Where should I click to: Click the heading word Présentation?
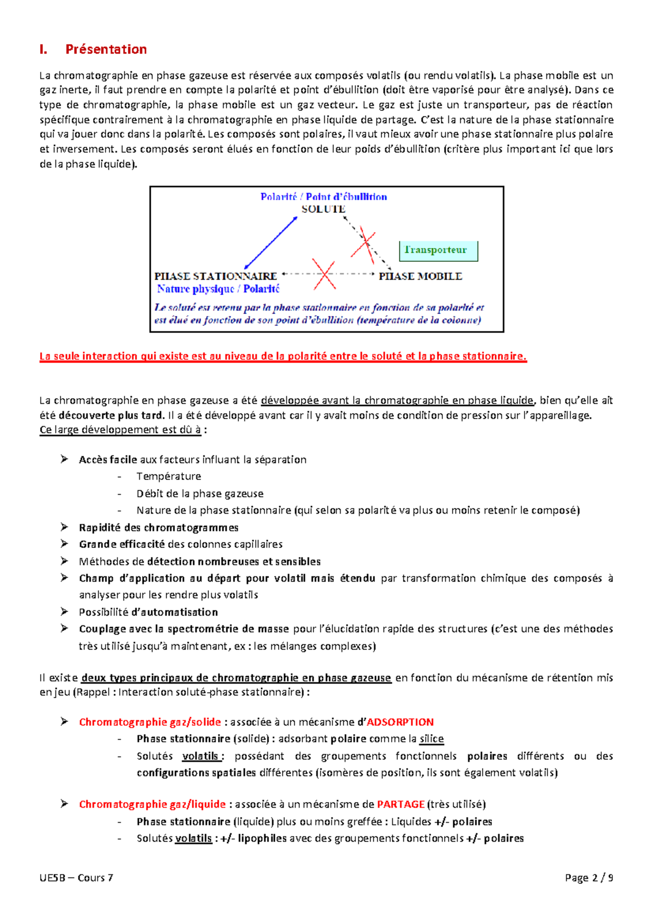[x=106, y=50]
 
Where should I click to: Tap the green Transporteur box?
[x=438, y=250]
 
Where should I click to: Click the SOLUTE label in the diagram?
[x=324, y=209]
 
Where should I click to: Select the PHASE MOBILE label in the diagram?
[x=420, y=276]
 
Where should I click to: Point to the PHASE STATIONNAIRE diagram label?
[x=215, y=276]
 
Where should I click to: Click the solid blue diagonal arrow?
[x=270, y=243]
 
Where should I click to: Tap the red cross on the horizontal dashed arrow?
[x=324, y=274]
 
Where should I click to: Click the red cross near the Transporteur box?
[x=364, y=245]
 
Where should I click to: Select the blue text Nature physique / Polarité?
[x=218, y=289]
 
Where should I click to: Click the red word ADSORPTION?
[x=400, y=722]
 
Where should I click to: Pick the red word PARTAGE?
[x=401, y=804]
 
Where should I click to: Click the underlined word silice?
[x=432, y=739]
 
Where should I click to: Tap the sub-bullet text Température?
[x=169, y=476]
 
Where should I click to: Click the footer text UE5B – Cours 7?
[x=76, y=877]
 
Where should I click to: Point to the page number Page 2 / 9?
[x=589, y=877]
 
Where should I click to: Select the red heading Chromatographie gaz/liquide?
[x=152, y=804]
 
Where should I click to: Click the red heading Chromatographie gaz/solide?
[x=150, y=722]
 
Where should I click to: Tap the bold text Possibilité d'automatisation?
[x=148, y=612]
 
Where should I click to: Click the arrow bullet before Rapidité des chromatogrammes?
[x=64, y=527]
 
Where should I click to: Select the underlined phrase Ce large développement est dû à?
[x=120, y=430]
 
